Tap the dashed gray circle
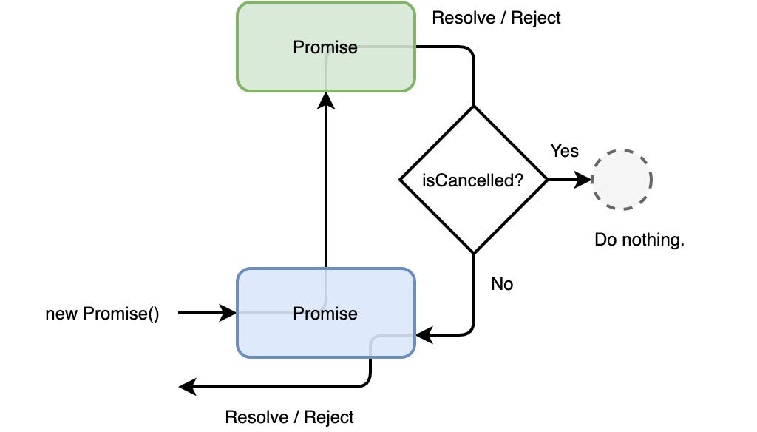[622, 180]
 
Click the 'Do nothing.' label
[639, 240]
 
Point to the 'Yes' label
[564, 150]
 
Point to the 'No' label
[502, 284]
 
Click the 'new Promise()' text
[102, 314]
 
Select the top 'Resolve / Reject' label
[496, 18]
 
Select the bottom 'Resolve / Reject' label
[289, 416]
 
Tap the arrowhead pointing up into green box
[325, 100]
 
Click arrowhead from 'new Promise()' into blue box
[228, 314]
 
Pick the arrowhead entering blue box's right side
[424, 336]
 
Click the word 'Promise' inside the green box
[325, 47]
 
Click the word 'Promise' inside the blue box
[325, 314]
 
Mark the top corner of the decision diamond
[473, 107]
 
